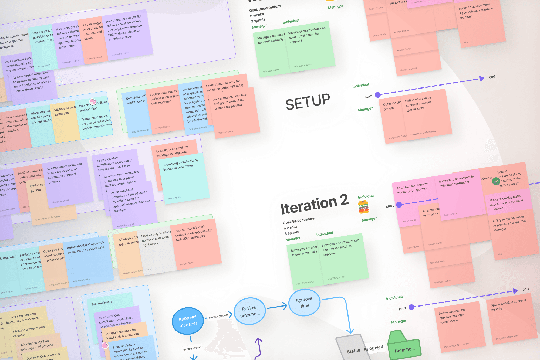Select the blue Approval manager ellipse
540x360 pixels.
(x=188, y=321)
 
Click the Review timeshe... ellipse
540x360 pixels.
(x=250, y=311)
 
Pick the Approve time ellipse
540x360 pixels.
(x=304, y=302)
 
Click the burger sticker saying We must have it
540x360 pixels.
(x=363, y=207)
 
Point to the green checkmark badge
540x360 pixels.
(x=496, y=181)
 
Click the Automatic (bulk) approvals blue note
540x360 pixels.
(x=88, y=262)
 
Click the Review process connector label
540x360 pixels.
(x=218, y=316)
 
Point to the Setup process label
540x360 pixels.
(x=192, y=348)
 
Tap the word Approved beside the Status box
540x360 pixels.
(x=373, y=348)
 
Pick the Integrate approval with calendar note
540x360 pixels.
(x=30, y=331)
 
